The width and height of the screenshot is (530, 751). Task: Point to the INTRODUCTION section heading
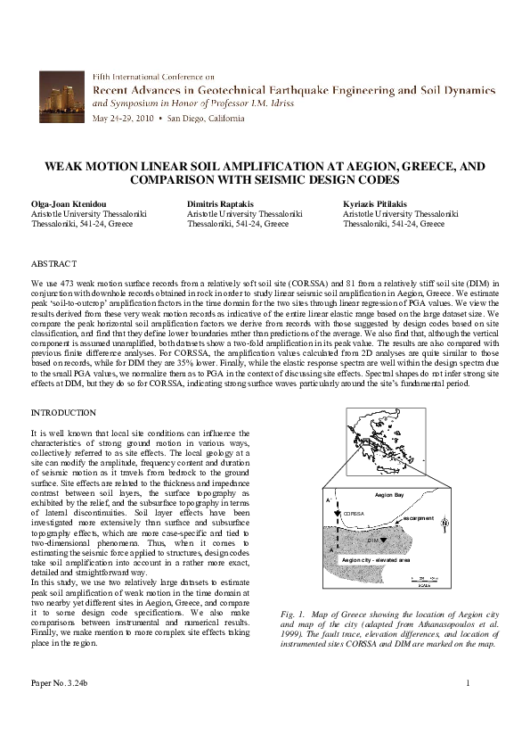pos(63,413)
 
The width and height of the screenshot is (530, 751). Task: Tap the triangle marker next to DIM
pos(383,540)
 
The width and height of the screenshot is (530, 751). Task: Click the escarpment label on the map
pos(417,518)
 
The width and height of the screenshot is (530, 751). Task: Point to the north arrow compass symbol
pos(444,524)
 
